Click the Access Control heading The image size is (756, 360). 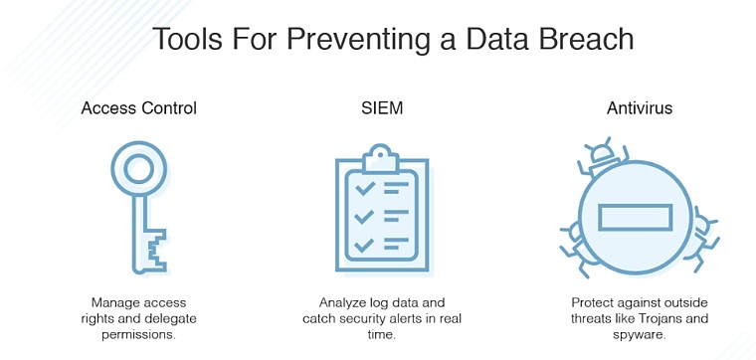point(139,108)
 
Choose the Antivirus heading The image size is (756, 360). point(640,108)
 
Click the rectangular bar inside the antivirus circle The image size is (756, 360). point(634,216)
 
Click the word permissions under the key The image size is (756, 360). point(139,333)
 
